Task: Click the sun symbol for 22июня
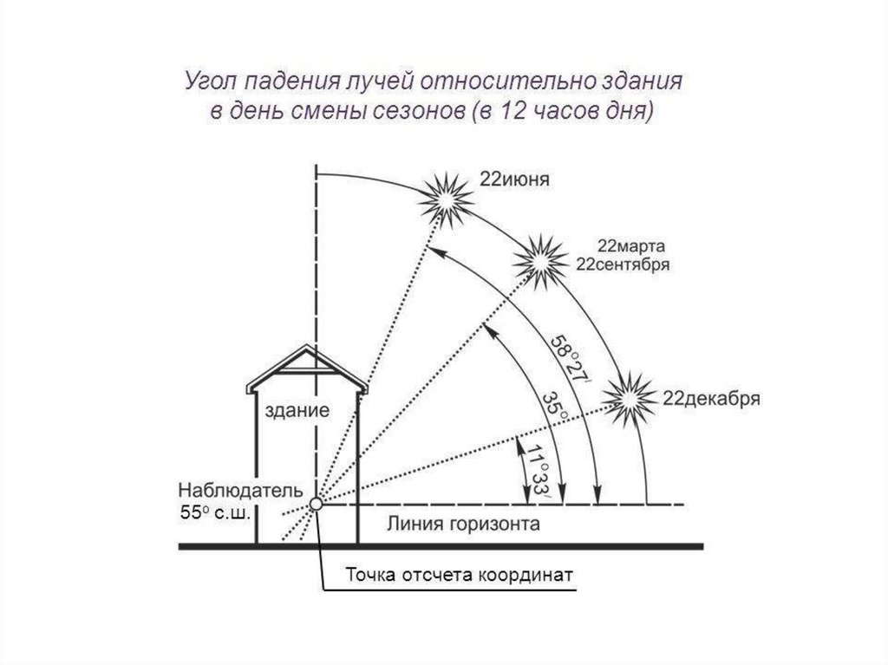[446, 200]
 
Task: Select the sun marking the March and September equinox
[539, 258]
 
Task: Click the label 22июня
[516, 180]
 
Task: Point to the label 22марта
[629, 247]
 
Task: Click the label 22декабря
[711, 400]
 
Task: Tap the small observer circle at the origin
[317, 503]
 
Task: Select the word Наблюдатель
[235, 491]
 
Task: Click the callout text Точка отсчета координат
[460, 575]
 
